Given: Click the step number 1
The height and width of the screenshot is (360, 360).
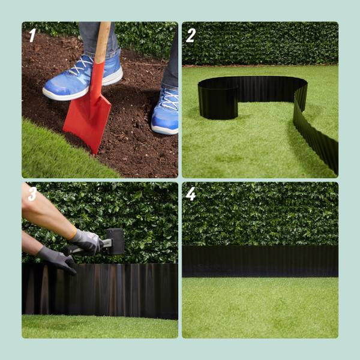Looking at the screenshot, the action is (32, 35).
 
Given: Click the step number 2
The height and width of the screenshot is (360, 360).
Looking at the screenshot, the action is (191, 35).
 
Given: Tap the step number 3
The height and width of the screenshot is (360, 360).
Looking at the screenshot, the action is (32, 194).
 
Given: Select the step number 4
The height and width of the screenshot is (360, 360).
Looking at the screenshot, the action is (191, 194).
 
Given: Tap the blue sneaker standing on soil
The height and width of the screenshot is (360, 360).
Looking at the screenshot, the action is (165, 110).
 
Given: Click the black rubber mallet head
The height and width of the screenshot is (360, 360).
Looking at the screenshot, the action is (115, 241).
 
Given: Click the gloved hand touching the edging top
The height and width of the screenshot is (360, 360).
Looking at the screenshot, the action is (56, 259).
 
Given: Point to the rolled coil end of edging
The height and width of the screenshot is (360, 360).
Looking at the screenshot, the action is (218, 101).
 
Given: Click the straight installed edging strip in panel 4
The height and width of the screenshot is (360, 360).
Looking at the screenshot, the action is (260, 261).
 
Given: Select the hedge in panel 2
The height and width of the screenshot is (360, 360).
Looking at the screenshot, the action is (260, 43).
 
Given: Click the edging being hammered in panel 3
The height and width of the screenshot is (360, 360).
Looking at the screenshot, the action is (100, 291).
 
